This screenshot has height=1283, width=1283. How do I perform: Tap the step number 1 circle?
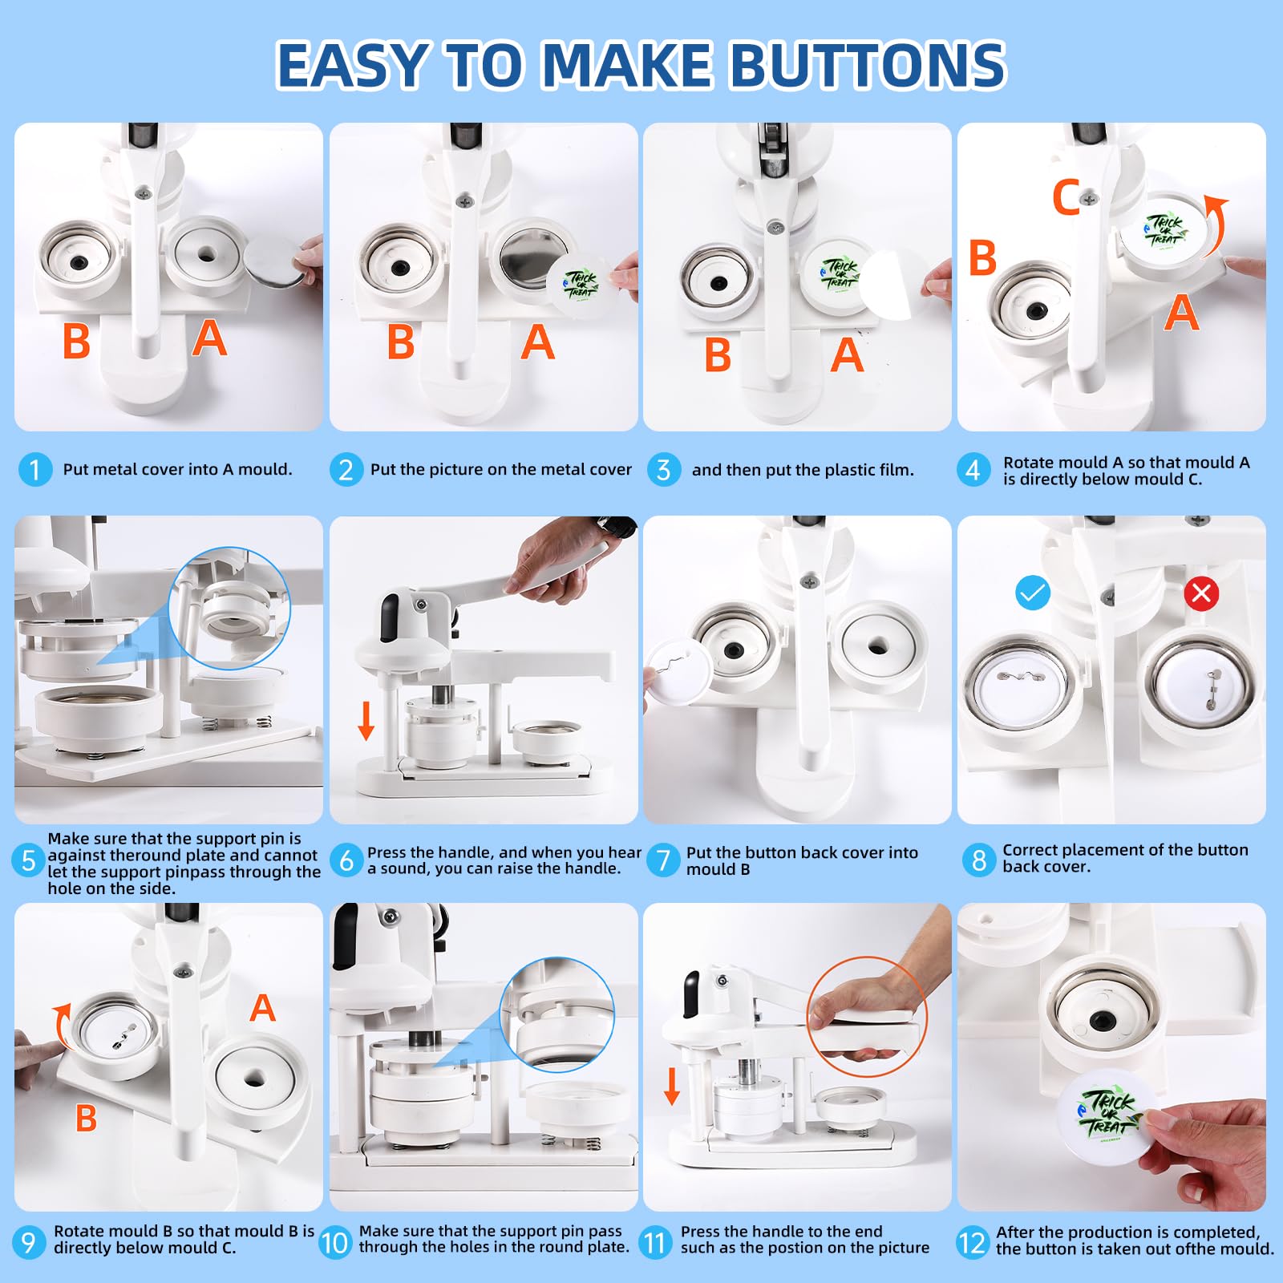coord(34,470)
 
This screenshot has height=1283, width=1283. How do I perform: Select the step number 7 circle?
coord(663,860)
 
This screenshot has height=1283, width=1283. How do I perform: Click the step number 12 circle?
coord(972,1243)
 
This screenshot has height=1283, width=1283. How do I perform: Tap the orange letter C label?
coord(1066,197)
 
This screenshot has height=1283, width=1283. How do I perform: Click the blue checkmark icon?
coord(1033,593)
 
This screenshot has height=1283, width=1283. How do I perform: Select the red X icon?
coord(1201,593)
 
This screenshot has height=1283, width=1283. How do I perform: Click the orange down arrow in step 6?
coord(366,720)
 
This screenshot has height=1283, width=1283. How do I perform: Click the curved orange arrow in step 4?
coord(1216,227)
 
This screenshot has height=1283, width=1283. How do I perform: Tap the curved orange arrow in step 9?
coord(59,1022)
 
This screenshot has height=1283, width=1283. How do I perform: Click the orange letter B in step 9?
coord(86,1119)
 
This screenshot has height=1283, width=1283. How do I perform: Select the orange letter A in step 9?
coord(262,1008)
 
